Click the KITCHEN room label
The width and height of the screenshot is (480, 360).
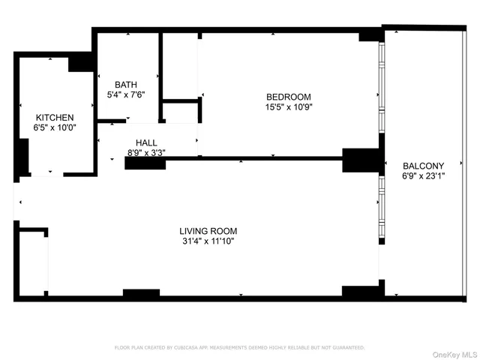click(55, 118)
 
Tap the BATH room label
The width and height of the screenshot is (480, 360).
click(126, 85)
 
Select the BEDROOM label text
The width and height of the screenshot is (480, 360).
click(288, 97)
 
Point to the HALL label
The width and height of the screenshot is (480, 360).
click(146, 142)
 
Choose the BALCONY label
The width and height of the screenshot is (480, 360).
click(423, 166)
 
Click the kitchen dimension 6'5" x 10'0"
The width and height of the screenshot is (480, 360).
click(55, 128)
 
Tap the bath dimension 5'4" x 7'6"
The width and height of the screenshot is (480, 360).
click(126, 95)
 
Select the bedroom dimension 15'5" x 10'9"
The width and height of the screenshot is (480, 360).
click(288, 107)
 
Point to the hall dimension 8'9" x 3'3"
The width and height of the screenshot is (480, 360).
click(146, 153)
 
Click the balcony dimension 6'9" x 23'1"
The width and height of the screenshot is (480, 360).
click(423, 177)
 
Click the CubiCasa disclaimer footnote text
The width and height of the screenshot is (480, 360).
click(239, 348)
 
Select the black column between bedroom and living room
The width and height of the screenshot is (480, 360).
click(361, 160)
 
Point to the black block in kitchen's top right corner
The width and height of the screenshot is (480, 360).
click(80, 63)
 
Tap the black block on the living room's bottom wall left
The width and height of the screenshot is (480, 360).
click(141, 292)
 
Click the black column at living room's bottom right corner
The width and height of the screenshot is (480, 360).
click(361, 291)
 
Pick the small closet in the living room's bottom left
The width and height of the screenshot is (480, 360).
click(33, 262)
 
